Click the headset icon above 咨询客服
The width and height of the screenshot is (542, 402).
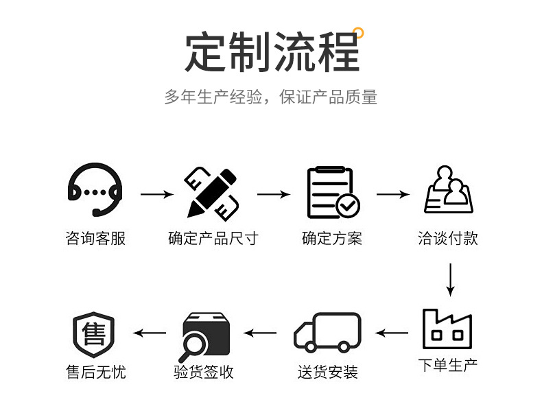pyautogui.click(x=96, y=192)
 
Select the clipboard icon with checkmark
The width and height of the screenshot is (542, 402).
pyautogui.click(x=333, y=193)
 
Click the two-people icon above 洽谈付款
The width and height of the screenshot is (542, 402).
pyautogui.click(x=449, y=191)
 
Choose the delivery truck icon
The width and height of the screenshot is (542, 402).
pyautogui.click(x=327, y=333)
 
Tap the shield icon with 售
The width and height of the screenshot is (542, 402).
pyautogui.click(x=94, y=334)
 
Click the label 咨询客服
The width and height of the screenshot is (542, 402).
pyautogui.click(x=96, y=239)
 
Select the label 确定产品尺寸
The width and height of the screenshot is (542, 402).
pyautogui.click(x=213, y=239)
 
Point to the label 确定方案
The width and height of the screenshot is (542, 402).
pyautogui.click(x=332, y=239)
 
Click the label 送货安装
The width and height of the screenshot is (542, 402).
pyautogui.click(x=327, y=372)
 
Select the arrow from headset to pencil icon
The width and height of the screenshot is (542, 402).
pyautogui.click(x=156, y=195)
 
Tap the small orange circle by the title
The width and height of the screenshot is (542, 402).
pyautogui.click(x=358, y=32)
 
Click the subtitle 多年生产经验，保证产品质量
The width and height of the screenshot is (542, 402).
pyautogui.click(x=270, y=97)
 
